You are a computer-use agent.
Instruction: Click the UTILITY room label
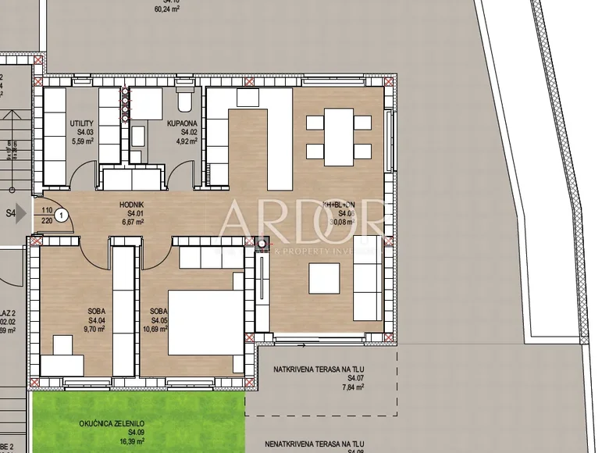pyautogui.click(x=82, y=123)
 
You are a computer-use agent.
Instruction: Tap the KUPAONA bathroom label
pyautogui.click(x=180, y=123)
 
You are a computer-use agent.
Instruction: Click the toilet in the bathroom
pyautogui.click(x=185, y=101)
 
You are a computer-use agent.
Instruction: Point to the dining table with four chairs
pyautogui.click(x=338, y=135)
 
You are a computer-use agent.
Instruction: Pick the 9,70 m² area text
pyautogui.click(x=97, y=330)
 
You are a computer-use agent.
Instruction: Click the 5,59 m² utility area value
pyautogui.click(x=82, y=141)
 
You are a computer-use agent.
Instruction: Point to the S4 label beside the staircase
pyautogui.click(x=12, y=212)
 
